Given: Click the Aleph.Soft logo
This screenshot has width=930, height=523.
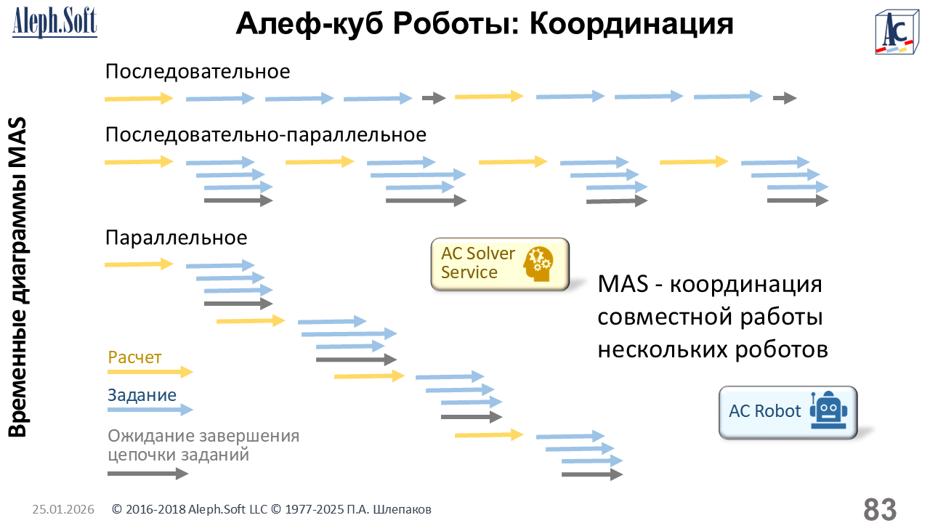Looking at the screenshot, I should point(54,22).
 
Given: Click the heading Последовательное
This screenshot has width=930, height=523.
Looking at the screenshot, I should point(198,72).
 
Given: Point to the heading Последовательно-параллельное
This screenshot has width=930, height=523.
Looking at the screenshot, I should point(266,135).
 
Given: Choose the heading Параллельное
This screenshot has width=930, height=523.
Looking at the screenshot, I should point(177,238).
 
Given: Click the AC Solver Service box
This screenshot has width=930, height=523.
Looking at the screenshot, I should point(500,264).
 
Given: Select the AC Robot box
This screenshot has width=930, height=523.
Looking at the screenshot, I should point(788,411).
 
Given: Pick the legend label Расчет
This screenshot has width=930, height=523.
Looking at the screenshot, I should point(134,357).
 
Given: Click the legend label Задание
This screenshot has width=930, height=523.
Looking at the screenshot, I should point(142,395).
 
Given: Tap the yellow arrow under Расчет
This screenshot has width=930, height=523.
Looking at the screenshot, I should point(150,372).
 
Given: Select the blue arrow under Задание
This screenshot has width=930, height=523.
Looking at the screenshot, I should point(150,410).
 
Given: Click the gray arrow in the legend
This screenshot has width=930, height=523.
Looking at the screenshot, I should point(147,474).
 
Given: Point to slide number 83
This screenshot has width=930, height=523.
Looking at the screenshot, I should point(880,508).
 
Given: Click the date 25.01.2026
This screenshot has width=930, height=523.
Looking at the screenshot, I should point(63,510).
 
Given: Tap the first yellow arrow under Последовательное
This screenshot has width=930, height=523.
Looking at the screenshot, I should point(139,98).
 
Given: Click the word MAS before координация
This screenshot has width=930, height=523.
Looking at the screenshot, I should point(621,284).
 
